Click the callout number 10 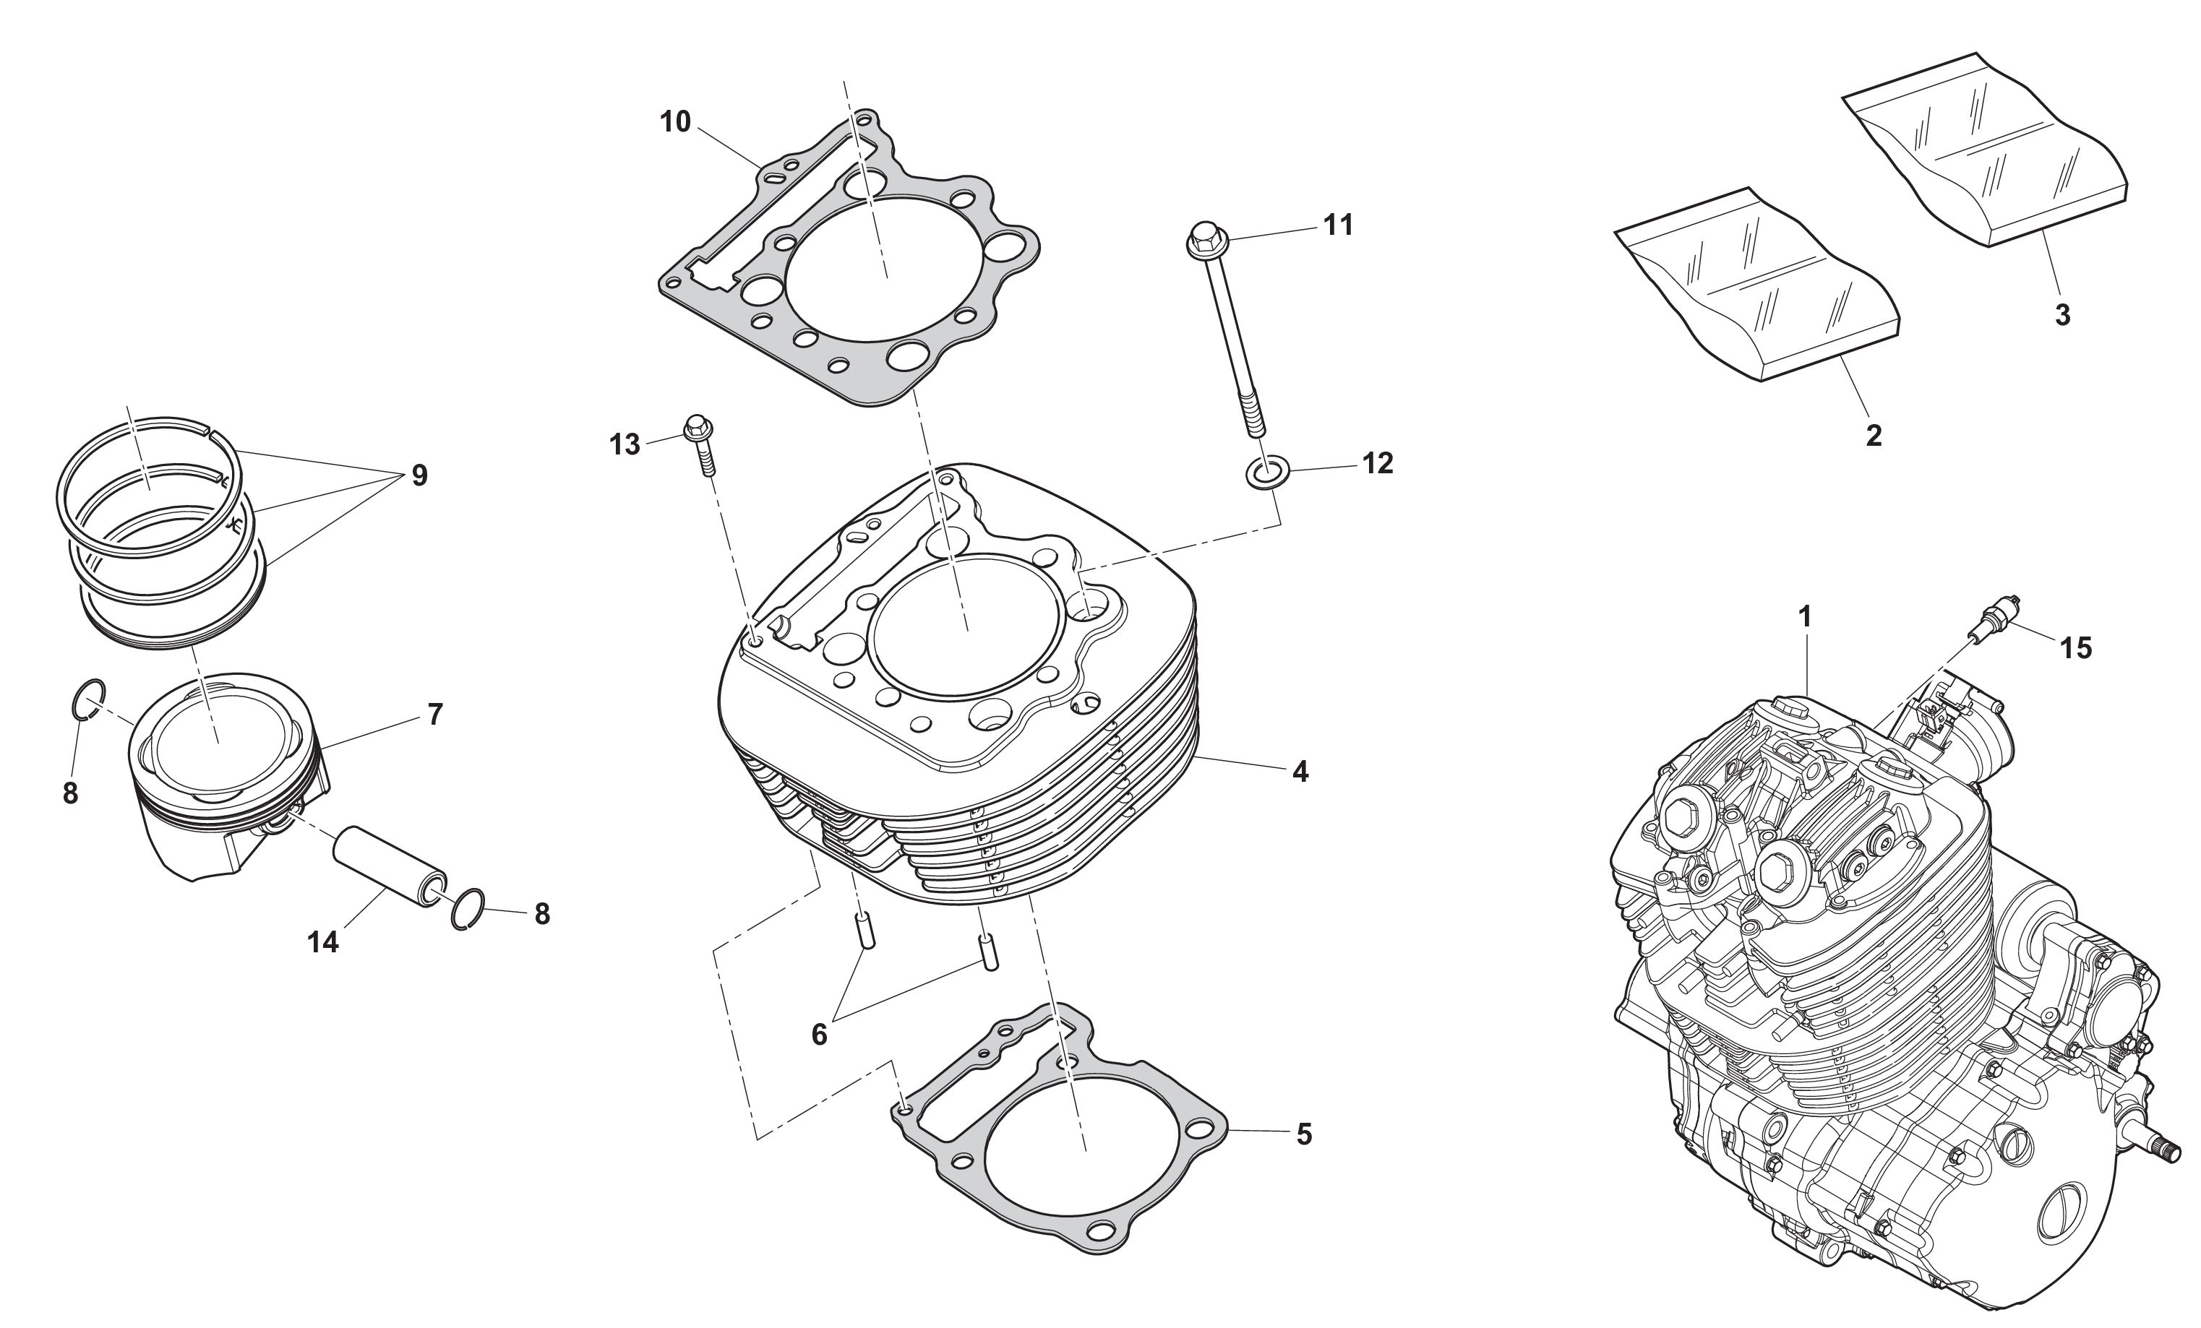675,121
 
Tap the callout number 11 1337,225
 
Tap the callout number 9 419,476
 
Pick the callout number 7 434,715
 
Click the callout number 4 1300,772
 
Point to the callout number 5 1304,1135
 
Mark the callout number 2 1874,435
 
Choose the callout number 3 2062,314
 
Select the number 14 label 323,941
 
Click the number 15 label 2076,648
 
